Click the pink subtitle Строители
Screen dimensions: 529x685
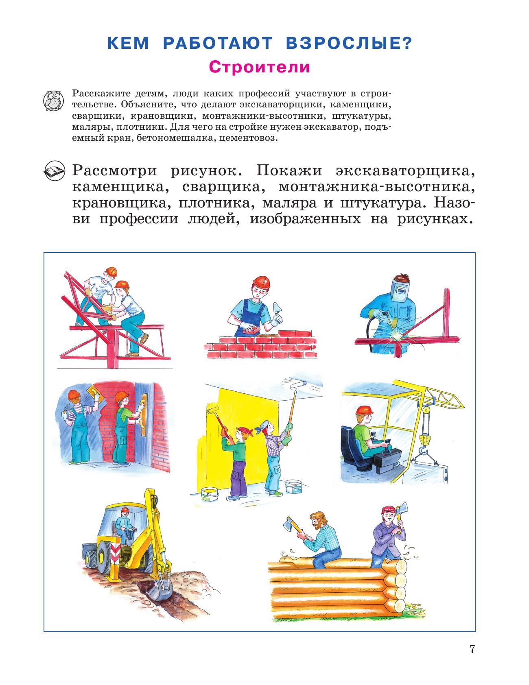click(x=259, y=67)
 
